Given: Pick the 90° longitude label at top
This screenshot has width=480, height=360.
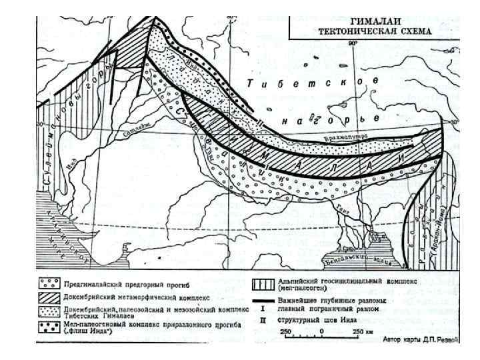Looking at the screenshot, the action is [x=353, y=43].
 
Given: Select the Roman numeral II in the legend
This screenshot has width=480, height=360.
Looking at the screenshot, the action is [x=263, y=319].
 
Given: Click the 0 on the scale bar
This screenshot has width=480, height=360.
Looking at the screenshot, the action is [x=322, y=331].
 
